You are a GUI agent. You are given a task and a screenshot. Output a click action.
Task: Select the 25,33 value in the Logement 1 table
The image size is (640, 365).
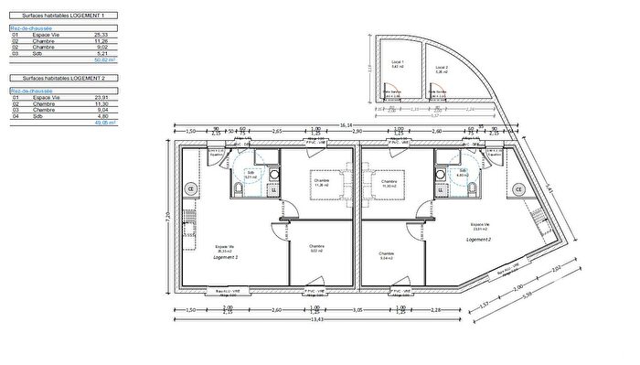(101, 35)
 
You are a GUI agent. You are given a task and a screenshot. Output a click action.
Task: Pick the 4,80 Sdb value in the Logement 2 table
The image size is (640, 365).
(101, 116)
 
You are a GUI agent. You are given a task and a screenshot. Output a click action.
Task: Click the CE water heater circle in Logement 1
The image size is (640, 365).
(192, 188)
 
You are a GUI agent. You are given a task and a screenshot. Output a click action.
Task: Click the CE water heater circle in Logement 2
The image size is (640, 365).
(518, 189)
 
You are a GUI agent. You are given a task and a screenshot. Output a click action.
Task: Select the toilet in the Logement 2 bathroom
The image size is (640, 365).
(471, 188)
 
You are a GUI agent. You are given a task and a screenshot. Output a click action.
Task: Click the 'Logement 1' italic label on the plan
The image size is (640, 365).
(225, 257)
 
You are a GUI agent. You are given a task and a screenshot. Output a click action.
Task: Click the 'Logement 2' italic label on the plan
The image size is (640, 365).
(478, 239)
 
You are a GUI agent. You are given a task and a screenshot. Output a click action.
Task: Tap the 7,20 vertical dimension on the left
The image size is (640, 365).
(167, 216)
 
